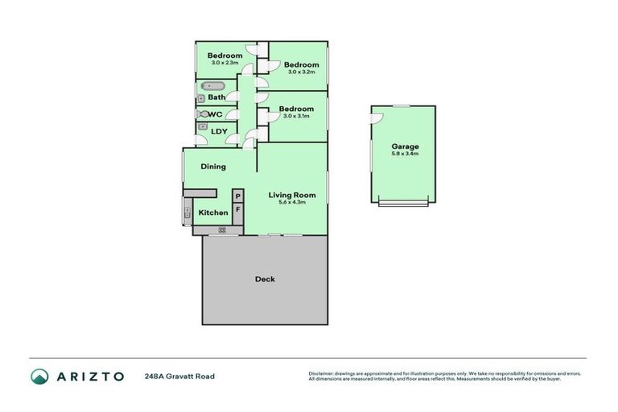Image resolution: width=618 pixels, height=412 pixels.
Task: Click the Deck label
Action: [x=265, y=279]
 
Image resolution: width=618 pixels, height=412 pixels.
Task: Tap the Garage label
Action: [x=405, y=146]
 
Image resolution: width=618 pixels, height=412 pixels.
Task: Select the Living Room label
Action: [x=292, y=195]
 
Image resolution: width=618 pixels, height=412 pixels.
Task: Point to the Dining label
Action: [x=213, y=167]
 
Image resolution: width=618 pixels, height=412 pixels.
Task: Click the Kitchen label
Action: [x=213, y=212]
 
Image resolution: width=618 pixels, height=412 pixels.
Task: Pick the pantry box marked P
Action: [x=238, y=196]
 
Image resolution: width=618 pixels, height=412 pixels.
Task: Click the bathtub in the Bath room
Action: [x=213, y=85]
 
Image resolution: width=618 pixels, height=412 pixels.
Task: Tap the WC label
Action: [x=216, y=114]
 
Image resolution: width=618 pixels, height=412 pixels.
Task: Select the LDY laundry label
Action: [x=219, y=131]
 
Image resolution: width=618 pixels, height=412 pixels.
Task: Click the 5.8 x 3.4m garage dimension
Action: [x=405, y=154]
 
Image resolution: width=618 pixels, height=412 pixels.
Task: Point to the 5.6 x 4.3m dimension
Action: [x=291, y=203]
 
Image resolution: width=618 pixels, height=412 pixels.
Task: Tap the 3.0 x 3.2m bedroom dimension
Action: [x=302, y=72]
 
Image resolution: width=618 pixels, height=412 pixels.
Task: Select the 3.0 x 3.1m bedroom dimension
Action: [x=297, y=117]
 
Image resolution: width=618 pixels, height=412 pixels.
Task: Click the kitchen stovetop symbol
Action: [x=222, y=230]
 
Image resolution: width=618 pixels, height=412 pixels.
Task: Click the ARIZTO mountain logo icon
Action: [x=39, y=376]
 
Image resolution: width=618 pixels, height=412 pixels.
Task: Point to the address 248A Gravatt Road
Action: [x=179, y=376]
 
